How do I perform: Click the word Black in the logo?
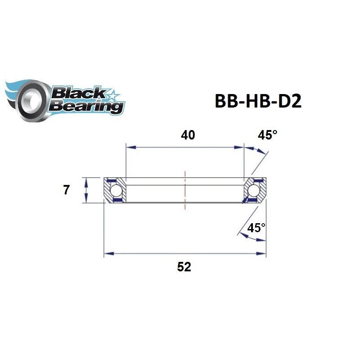pos(77,94)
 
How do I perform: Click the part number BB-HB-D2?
pos(257,101)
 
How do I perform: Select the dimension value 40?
pos(188,135)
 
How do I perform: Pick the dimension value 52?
pos(184,267)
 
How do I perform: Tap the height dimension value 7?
pos(67,190)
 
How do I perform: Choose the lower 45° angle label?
pos(256,228)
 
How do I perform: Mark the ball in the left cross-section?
pos(116,190)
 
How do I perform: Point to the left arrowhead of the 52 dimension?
pos(107,254)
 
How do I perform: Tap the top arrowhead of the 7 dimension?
pos(85,180)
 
